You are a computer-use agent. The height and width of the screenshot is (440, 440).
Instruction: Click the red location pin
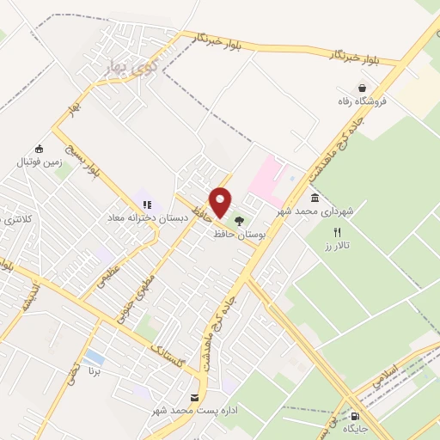pyautogui.click(x=221, y=202)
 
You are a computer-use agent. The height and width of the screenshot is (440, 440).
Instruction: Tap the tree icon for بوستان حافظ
pyautogui.click(x=239, y=221)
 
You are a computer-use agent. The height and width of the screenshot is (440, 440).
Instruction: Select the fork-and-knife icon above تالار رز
pyautogui.click(x=338, y=232)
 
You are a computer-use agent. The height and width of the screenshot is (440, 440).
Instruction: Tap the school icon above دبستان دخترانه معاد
pyautogui.click(x=147, y=205)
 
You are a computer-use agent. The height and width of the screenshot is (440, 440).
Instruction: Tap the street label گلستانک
pyautogui.click(x=167, y=351)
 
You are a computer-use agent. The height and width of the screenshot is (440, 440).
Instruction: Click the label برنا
pyautogui.click(x=95, y=373)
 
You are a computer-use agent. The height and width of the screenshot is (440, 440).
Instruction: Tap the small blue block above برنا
pyautogui.click(x=95, y=357)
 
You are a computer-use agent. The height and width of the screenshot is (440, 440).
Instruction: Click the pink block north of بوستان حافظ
pyautogui.click(x=267, y=176)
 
